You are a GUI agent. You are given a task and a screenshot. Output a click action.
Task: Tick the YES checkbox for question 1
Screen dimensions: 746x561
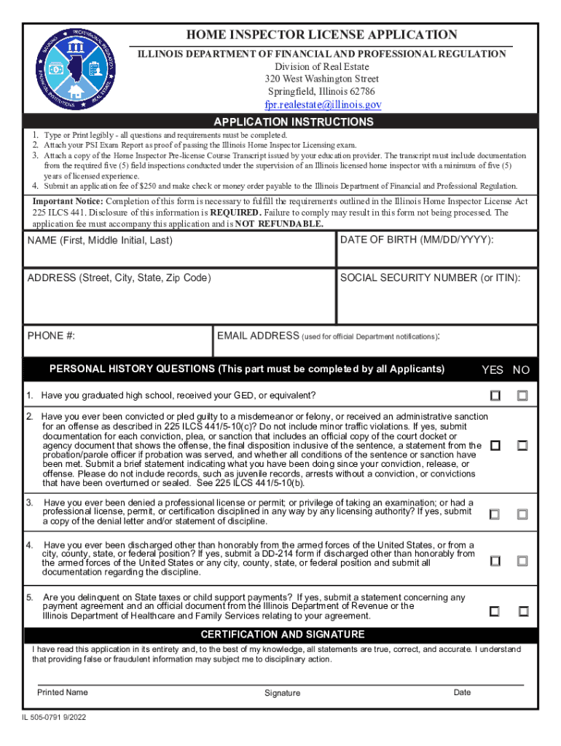tap(495, 396)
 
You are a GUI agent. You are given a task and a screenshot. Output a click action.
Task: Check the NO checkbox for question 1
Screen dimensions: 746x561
tap(522, 396)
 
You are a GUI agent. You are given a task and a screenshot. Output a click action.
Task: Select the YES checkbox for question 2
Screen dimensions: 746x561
tap(495, 445)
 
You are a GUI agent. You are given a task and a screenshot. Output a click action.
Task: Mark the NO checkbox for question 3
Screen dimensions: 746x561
tap(522, 514)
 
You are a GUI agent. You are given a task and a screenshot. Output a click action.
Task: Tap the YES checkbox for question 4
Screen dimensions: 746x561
tap(495, 561)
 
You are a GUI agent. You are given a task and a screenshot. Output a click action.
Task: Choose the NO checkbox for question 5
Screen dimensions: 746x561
tap(522, 610)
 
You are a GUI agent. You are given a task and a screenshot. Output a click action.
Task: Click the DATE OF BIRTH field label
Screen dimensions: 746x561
tap(417, 240)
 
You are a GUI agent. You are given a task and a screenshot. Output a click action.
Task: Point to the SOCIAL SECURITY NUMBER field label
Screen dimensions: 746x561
tap(430, 278)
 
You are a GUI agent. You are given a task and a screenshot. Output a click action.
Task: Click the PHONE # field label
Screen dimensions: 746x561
tap(51, 336)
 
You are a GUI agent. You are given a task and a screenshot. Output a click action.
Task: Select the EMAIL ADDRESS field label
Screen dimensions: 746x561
tap(258, 336)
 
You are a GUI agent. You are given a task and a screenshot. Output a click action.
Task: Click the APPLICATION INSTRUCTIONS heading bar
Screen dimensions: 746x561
tap(293, 122)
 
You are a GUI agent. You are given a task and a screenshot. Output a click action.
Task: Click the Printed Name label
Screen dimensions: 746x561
tap(63, 692)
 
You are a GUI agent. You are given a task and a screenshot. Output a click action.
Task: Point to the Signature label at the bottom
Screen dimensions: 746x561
tap(282, 693)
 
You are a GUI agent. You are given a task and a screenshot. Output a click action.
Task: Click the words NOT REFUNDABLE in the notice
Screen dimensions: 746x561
tap(280, 224)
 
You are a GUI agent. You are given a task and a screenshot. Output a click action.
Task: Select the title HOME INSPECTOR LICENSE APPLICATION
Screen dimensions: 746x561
tap(322, 35)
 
